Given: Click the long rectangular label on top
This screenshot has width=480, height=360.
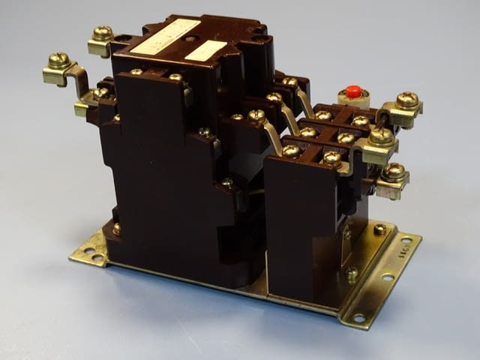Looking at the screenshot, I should (166, 37).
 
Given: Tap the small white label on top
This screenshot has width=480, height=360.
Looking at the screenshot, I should (205, 50).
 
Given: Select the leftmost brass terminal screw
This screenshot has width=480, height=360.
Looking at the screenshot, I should (58, 60).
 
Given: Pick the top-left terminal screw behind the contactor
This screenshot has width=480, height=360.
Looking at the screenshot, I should (102, 33).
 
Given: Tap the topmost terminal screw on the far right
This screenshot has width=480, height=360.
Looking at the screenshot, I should (406, 100).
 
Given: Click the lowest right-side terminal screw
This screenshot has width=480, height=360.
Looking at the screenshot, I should (393, 172).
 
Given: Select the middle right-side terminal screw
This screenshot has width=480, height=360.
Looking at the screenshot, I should (381, 136).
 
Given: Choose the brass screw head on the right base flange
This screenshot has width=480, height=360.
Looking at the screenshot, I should (380, 229).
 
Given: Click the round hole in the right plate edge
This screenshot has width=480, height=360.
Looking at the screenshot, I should (388, 277).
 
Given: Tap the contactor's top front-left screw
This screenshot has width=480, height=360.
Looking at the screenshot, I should (136, 72).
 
